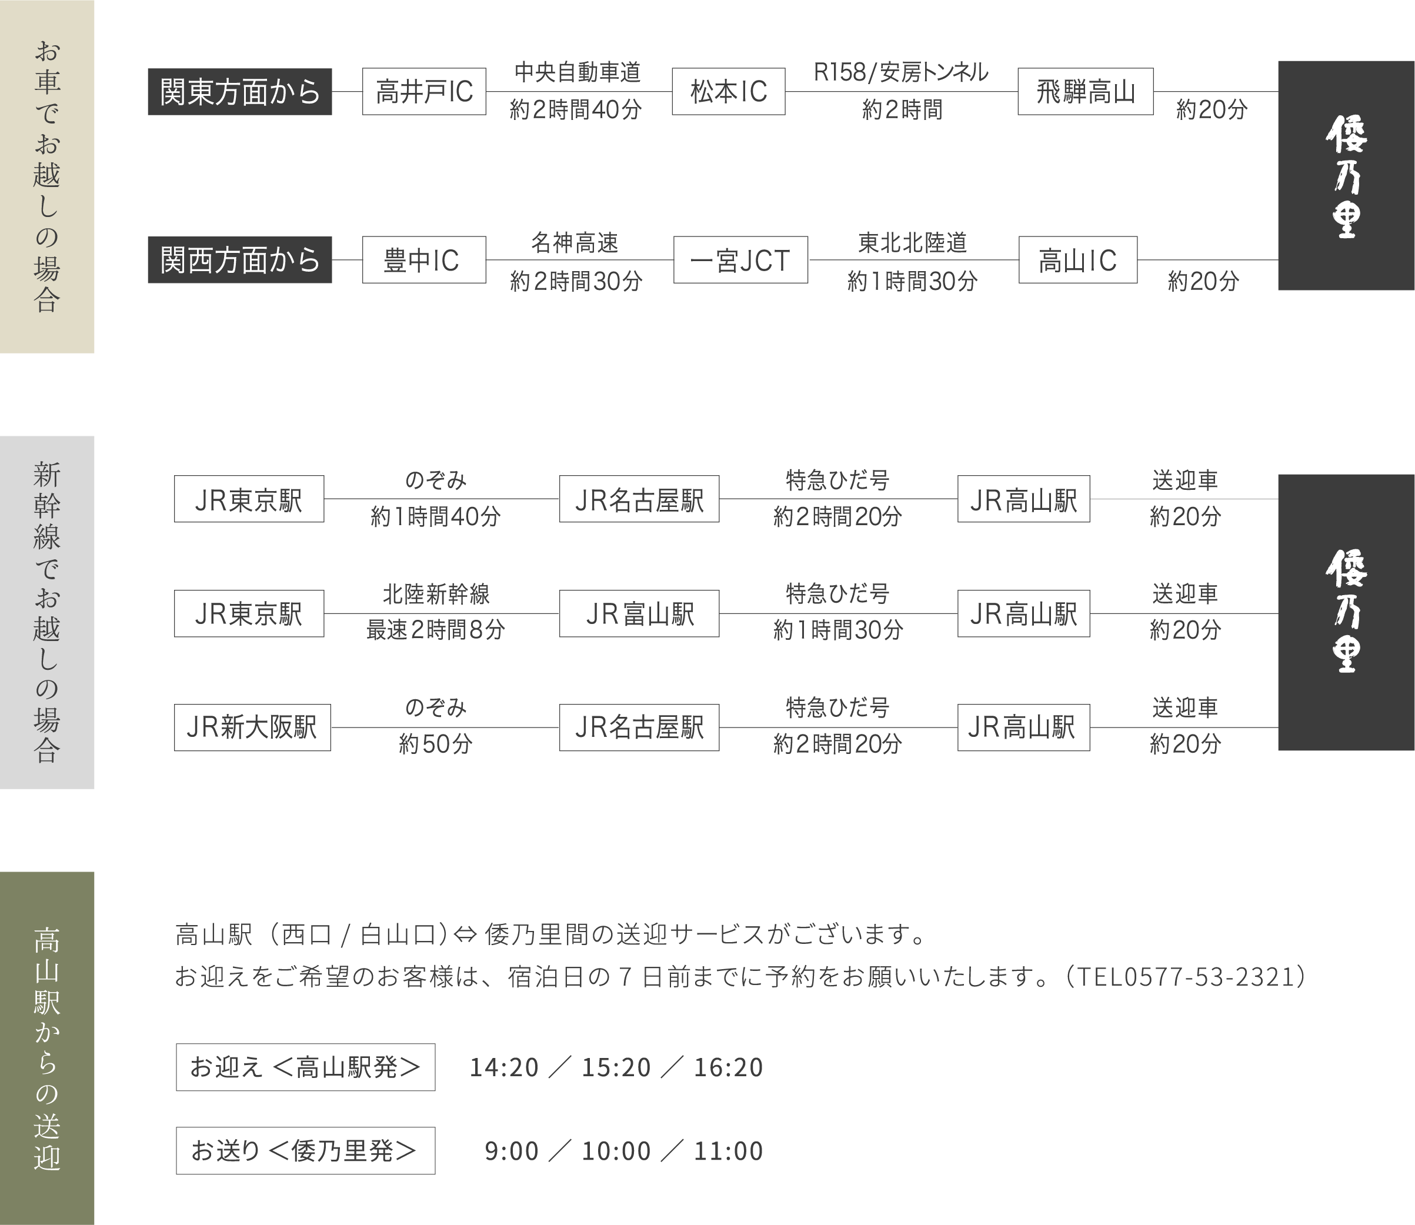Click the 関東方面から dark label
[x=240, y=92]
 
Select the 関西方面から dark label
[x=240, y=260]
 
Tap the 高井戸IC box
[x=424, y=92]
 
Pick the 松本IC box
[x=728, y=92]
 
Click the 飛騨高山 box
[x=1086, y=92]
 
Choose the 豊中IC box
[x=424, y=260]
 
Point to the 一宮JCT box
[x=740, y=260]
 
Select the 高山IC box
[x=1078, y=260]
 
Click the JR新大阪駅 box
[x=252, y=727]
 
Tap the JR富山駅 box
[x=639, y=613]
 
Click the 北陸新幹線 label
[x=436, y=594]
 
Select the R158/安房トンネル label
[x=901, y=72]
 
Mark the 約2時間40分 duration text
[x=576, y=109]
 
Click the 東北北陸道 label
[x=913, y=243]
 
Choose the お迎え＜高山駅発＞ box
[x=306, y=1067]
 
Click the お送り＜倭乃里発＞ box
[x=306, y=1150]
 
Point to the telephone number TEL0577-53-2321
[x=1186, y=977]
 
